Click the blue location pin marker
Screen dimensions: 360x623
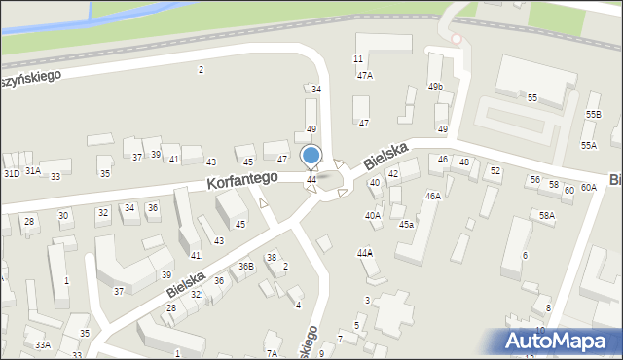coord(311,156)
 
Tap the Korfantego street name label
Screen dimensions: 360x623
coord(242,180)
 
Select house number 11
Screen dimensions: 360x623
coord(358,59)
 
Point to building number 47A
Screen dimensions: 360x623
coord(364,75)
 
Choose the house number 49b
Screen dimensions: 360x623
coord(435,87)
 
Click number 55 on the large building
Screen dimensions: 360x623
coord(532,98)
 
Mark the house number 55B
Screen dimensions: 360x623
coord(593,115)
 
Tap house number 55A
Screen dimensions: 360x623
coord(588,145)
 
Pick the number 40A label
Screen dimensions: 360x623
coord(372,216)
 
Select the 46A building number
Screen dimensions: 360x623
coord(432,196)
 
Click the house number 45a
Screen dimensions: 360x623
coord(406,225)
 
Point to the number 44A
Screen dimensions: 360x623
coord(365,252)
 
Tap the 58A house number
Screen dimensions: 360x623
coord(547,216)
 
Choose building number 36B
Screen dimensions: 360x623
coord(246,266)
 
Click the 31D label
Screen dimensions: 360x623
coord(11,173)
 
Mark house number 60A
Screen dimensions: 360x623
coord(588,187)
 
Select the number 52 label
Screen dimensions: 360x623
coord(495,170)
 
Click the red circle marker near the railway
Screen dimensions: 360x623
coord(456,39)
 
